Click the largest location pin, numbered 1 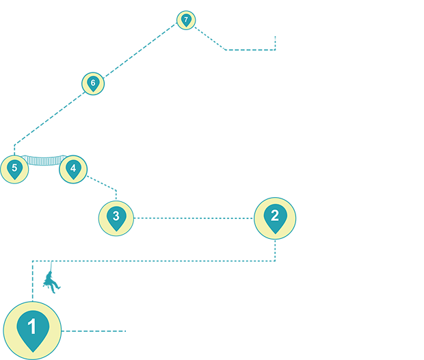[32, 331]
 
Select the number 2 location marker [275, 218]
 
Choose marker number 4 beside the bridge [73, 169]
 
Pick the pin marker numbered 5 [14, 169]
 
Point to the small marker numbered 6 [93, 83]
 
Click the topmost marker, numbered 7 [186, 20]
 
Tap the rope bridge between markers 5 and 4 [44, 161]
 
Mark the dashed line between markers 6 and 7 [140, 52]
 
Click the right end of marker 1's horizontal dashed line [125, 331]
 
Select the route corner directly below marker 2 [275, 260]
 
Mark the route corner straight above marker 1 [32, 261]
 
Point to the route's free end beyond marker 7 [276, 36]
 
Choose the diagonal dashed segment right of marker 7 [210, 39]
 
